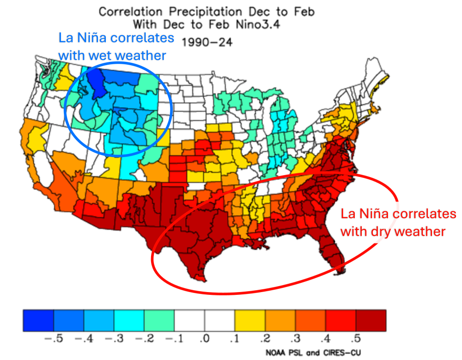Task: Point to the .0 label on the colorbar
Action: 204,340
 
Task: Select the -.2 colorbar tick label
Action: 142,340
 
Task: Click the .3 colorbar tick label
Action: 295,340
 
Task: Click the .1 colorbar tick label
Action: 234,340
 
